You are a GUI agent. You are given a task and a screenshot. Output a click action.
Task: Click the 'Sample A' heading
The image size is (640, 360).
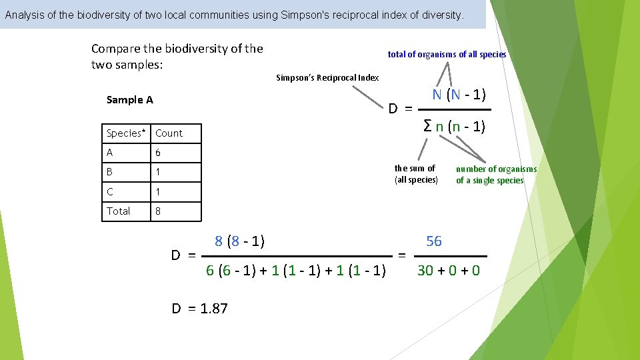point(129,100)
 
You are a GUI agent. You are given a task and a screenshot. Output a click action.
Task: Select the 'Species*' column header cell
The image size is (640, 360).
point(127,133)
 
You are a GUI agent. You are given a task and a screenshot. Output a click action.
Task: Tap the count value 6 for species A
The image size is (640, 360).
point(158,153)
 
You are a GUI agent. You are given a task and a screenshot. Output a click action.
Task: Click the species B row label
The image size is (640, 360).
point(110,172)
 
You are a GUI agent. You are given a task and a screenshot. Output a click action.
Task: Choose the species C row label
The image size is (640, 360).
point(110,191)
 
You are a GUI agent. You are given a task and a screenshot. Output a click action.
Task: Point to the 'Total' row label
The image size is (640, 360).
point(119,211)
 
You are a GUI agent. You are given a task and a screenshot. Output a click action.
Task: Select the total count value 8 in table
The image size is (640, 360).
point(158,211)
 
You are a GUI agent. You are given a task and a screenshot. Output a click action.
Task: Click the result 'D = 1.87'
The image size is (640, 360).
point(199,308)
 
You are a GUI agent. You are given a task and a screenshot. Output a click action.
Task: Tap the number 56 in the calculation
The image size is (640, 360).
point(433,241)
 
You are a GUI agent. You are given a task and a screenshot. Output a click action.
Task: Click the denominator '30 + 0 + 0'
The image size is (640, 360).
point(448,271)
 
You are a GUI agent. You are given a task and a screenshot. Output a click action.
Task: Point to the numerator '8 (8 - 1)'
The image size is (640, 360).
point(239,241)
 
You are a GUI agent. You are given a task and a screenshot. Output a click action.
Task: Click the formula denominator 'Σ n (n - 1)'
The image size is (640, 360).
point(455,126)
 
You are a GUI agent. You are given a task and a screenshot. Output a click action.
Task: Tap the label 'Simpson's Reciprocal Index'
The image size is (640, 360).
point(327,77)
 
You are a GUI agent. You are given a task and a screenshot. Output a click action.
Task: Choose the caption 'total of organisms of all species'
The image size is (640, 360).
point(447,55)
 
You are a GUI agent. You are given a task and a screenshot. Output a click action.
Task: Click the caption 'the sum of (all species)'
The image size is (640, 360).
point(415,174)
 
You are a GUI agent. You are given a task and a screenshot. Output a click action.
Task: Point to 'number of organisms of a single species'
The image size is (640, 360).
point(496,175)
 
